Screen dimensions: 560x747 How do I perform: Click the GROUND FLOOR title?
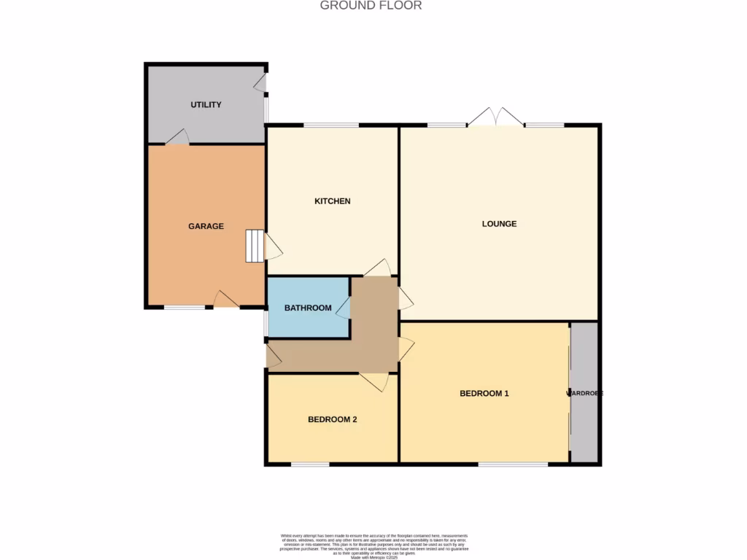(371, 6)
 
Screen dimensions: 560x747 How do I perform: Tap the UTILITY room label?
(206, 105)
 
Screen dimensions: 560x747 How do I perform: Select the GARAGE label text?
(206, 227)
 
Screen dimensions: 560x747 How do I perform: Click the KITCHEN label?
(333, 201)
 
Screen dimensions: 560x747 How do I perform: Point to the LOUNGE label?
(499, 224)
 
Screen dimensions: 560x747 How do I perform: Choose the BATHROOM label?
(308, 308)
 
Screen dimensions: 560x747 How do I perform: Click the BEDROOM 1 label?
(484, 394)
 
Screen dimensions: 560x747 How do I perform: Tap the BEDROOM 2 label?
(332, 420)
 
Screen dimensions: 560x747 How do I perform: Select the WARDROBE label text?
(585, 394)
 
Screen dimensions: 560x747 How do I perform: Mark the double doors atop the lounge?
(495, 117)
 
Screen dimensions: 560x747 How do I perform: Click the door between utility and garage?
(178, 137)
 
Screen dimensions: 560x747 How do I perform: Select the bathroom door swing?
(343, 308)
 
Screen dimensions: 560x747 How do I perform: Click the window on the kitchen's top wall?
(331, 125)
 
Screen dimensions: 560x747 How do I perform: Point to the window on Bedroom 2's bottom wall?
(310, 464)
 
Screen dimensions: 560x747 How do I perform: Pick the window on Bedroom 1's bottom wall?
(513, 464)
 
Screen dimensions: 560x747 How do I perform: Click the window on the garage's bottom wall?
(185, 308)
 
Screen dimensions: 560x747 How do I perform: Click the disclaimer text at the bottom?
(373, 545)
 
